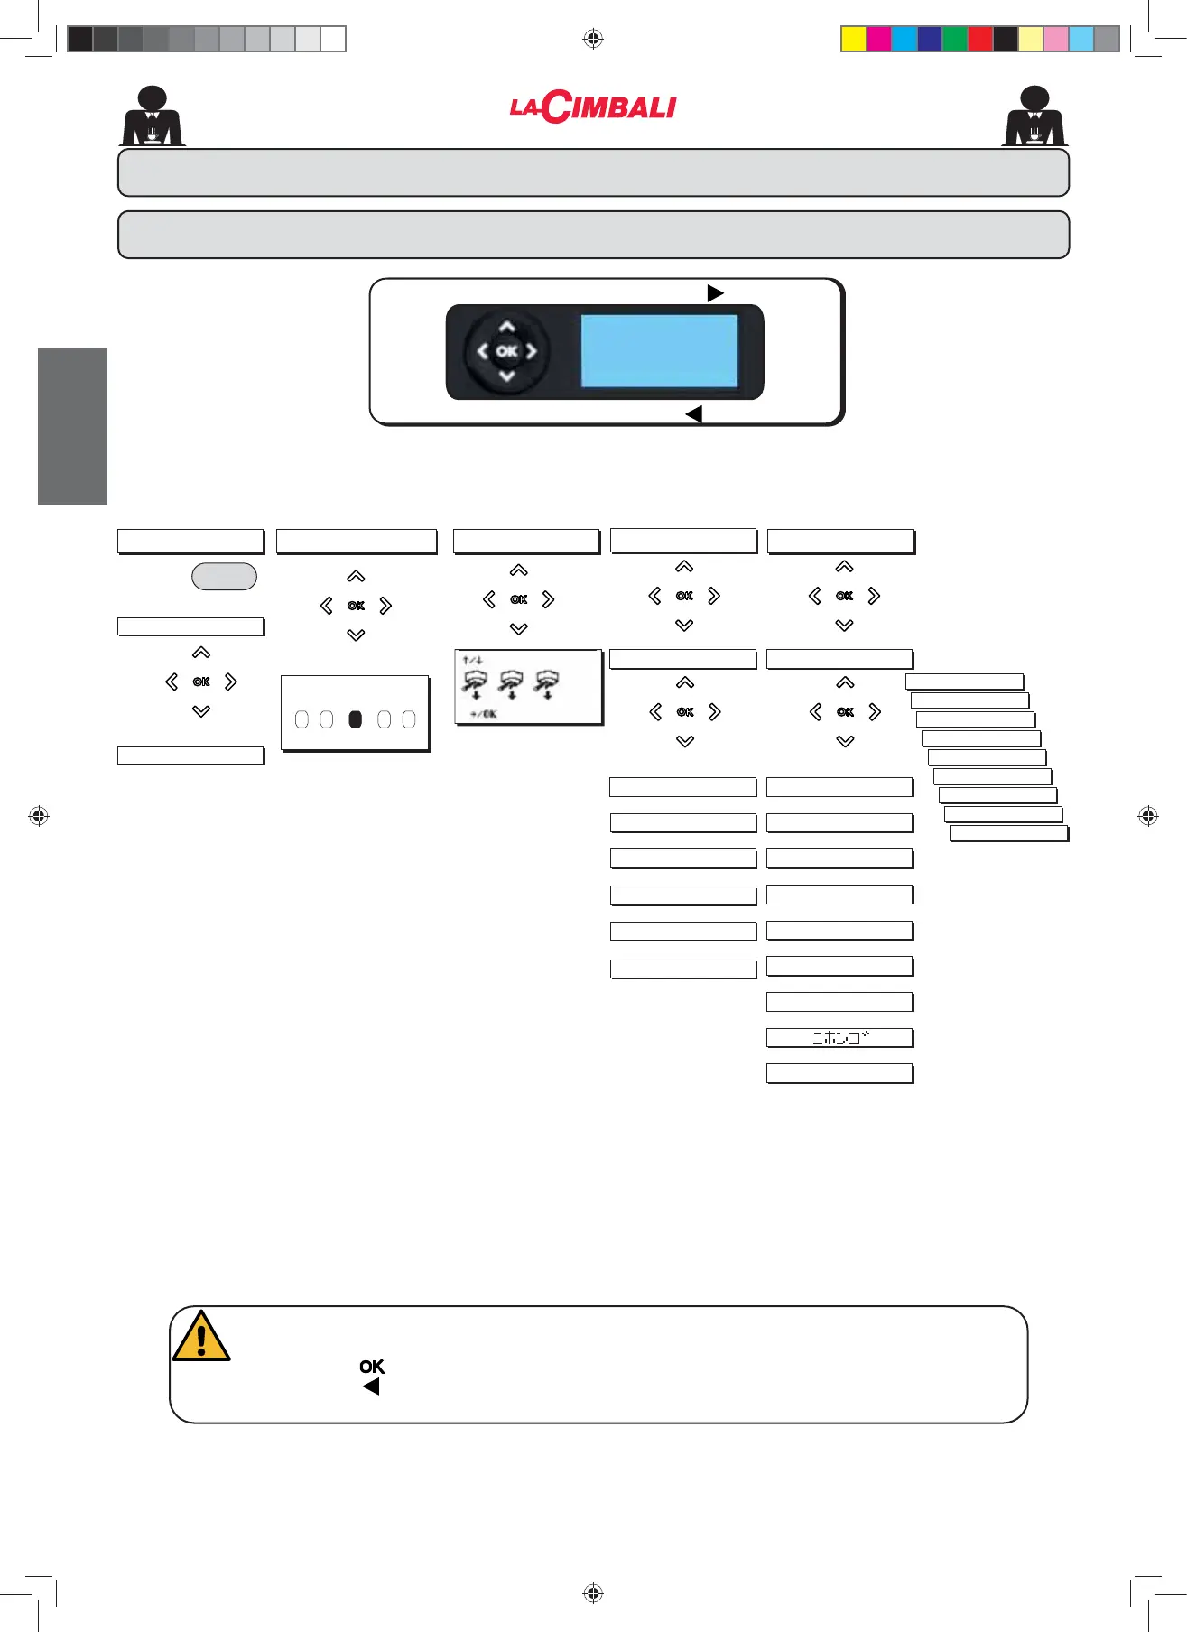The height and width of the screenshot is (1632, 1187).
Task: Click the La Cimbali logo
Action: click(593, 107)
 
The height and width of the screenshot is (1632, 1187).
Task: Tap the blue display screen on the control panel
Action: click(659, 351)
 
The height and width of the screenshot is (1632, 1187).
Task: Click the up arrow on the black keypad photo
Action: click(507, 327)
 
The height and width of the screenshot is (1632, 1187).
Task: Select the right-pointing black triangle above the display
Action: click(715, 293)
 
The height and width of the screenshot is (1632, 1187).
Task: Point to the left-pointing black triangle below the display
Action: click(693, 414)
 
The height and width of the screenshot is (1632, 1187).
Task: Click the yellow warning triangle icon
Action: click(201, 1337)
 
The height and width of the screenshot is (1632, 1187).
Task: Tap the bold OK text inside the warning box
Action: click(372, 1367)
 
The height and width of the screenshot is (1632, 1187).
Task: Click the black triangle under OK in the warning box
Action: click(370, 1387)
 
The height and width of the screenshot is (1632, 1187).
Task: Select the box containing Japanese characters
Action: click(839, 1038)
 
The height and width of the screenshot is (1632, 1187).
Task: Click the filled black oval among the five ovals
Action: click(356, 719)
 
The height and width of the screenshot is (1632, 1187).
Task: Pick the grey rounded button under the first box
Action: click(224, 577)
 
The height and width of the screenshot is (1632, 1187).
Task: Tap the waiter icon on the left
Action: click(153, 116)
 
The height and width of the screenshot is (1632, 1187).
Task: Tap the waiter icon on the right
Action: click(1034, 116)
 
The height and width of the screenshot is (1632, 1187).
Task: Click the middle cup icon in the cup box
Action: click(512, 683)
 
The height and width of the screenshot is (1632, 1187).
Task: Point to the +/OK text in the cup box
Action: click(483, 714)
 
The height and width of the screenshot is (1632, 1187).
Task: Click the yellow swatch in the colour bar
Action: click(853, 39)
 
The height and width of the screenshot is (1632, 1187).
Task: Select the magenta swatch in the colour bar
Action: click(878, 39)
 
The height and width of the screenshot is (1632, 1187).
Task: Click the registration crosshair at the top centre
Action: click(593, 38)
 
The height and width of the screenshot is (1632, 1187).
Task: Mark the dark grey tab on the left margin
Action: click(72, 426)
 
